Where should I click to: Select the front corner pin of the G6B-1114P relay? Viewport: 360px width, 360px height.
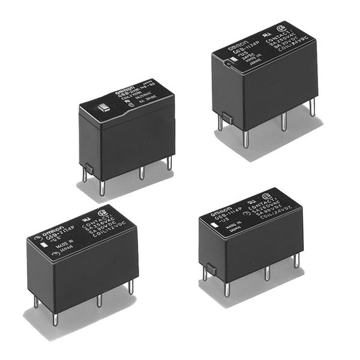tap(226, 289)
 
